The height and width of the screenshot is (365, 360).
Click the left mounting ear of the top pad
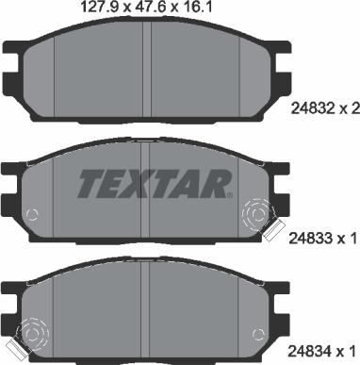tap(11, 59)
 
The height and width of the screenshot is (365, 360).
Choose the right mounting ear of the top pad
tap(280, 59)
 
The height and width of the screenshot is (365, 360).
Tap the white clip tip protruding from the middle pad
tap(276, 229)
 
